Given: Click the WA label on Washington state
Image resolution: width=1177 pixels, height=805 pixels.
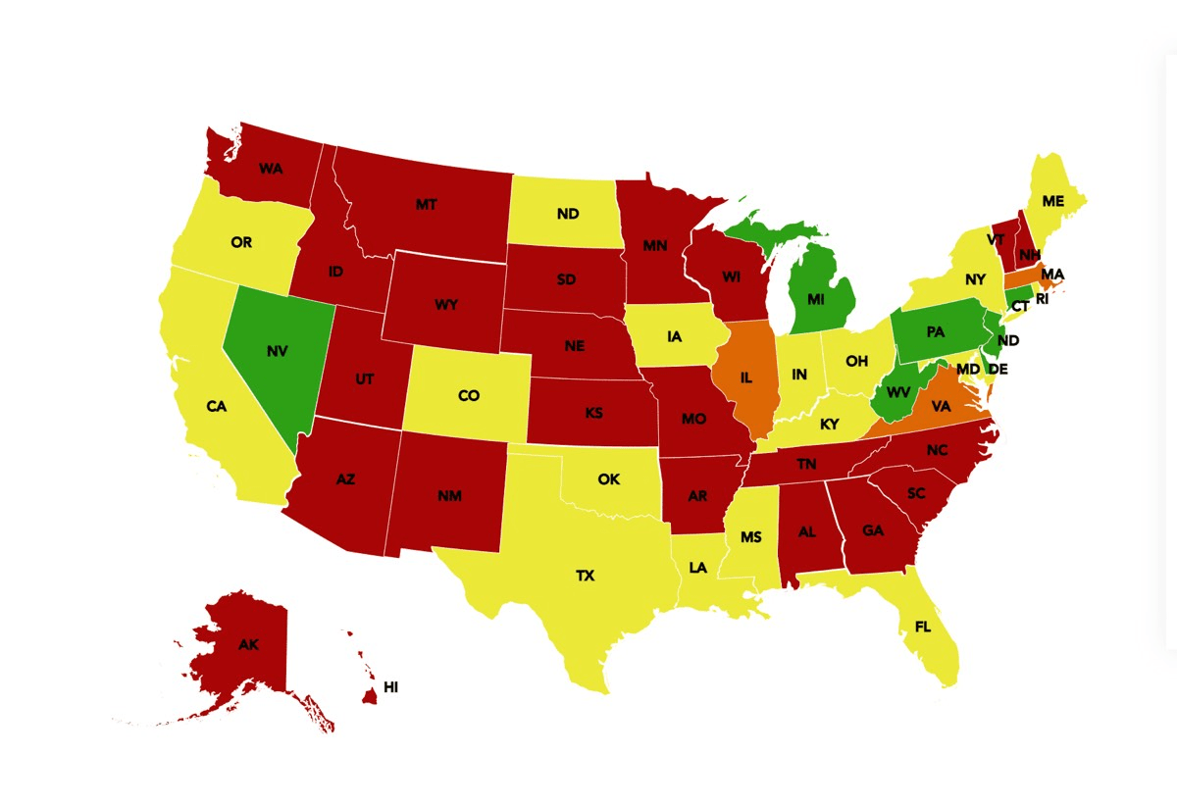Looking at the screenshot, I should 272,168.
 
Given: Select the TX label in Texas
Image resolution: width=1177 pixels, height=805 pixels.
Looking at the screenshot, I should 585,576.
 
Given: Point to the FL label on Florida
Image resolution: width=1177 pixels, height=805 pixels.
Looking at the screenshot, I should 923,626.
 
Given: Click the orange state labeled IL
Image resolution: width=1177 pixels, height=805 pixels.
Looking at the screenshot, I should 746,375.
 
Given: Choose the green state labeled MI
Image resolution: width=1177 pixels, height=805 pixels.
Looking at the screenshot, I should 816,298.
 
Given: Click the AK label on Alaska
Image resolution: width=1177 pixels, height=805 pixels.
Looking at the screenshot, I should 248,645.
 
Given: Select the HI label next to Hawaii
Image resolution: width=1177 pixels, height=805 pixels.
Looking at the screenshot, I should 390,688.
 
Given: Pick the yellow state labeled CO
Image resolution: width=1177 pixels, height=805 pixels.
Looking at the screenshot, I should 469,395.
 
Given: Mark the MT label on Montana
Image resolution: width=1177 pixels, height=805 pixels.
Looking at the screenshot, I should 426,205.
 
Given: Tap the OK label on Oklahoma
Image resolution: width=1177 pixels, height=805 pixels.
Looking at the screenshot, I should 609,479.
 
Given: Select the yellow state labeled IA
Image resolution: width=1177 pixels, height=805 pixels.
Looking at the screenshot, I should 674,336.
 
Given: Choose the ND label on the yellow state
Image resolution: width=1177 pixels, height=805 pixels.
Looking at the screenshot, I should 567,214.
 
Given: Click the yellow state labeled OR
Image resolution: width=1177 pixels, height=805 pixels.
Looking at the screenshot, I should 241,242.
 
